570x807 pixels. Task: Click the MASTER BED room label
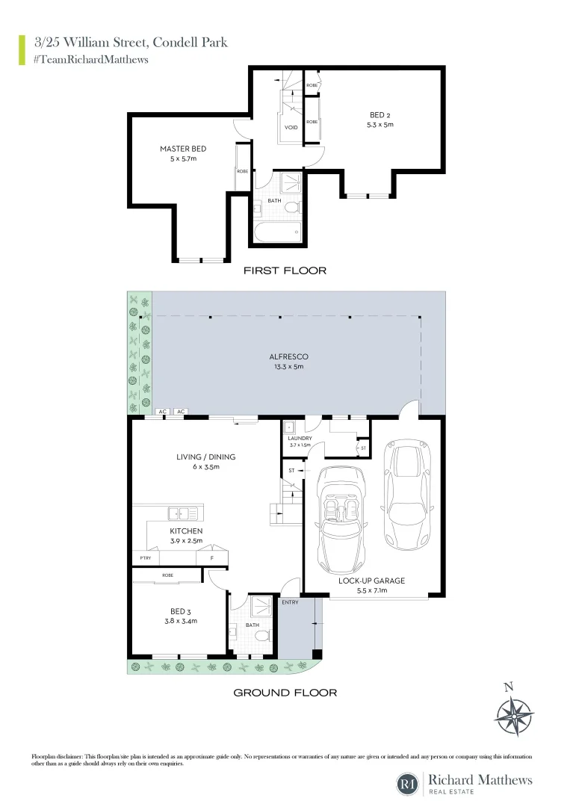(182, 149)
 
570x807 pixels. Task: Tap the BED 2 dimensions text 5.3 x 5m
(381, 125)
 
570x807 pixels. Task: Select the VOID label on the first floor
(291, 127)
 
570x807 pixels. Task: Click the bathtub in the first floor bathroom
(277, 233)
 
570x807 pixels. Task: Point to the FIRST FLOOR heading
(285, 270)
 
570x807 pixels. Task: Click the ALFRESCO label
(288, 357)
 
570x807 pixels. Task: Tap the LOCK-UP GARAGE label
(371, 581)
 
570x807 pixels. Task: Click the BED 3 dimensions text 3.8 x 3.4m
(179, 620)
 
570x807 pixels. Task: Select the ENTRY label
(290, 602)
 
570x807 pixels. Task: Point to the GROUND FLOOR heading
(285, 693)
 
